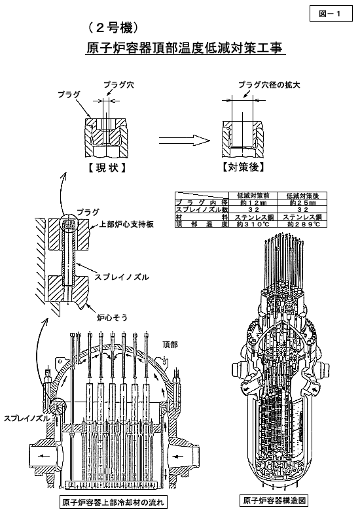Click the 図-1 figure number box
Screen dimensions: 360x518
click(331, 14)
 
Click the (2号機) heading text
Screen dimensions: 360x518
click(113, 28)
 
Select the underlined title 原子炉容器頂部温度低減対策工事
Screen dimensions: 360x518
click(185, 48)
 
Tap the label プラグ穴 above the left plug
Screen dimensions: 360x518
click(118, 85)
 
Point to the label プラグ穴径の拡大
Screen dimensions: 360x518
click(269, 85)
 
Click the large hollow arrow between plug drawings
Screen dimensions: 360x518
click(185, 141)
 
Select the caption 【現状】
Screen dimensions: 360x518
click(107, 168)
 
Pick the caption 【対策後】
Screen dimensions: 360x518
click(243, 167)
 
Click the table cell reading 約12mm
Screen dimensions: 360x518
click(253, 203)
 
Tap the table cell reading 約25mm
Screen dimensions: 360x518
click(302, 203)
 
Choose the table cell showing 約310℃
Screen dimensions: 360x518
click(253, 224)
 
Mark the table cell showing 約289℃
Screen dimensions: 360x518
click(302, 224)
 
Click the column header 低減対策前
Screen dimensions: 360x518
click(253, 196)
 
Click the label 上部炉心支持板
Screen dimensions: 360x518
click(126, 224)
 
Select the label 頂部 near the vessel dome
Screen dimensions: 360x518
click(170, 345)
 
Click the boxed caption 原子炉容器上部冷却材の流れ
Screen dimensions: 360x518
click(113, 503)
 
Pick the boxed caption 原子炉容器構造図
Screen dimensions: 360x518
click(274, 500)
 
